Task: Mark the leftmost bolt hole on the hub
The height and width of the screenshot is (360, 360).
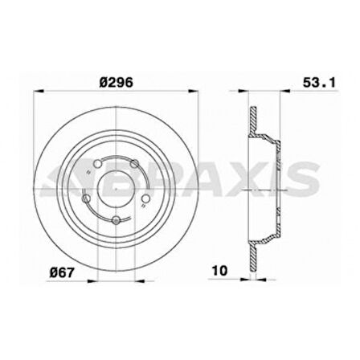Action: click(x=86, y=196)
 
